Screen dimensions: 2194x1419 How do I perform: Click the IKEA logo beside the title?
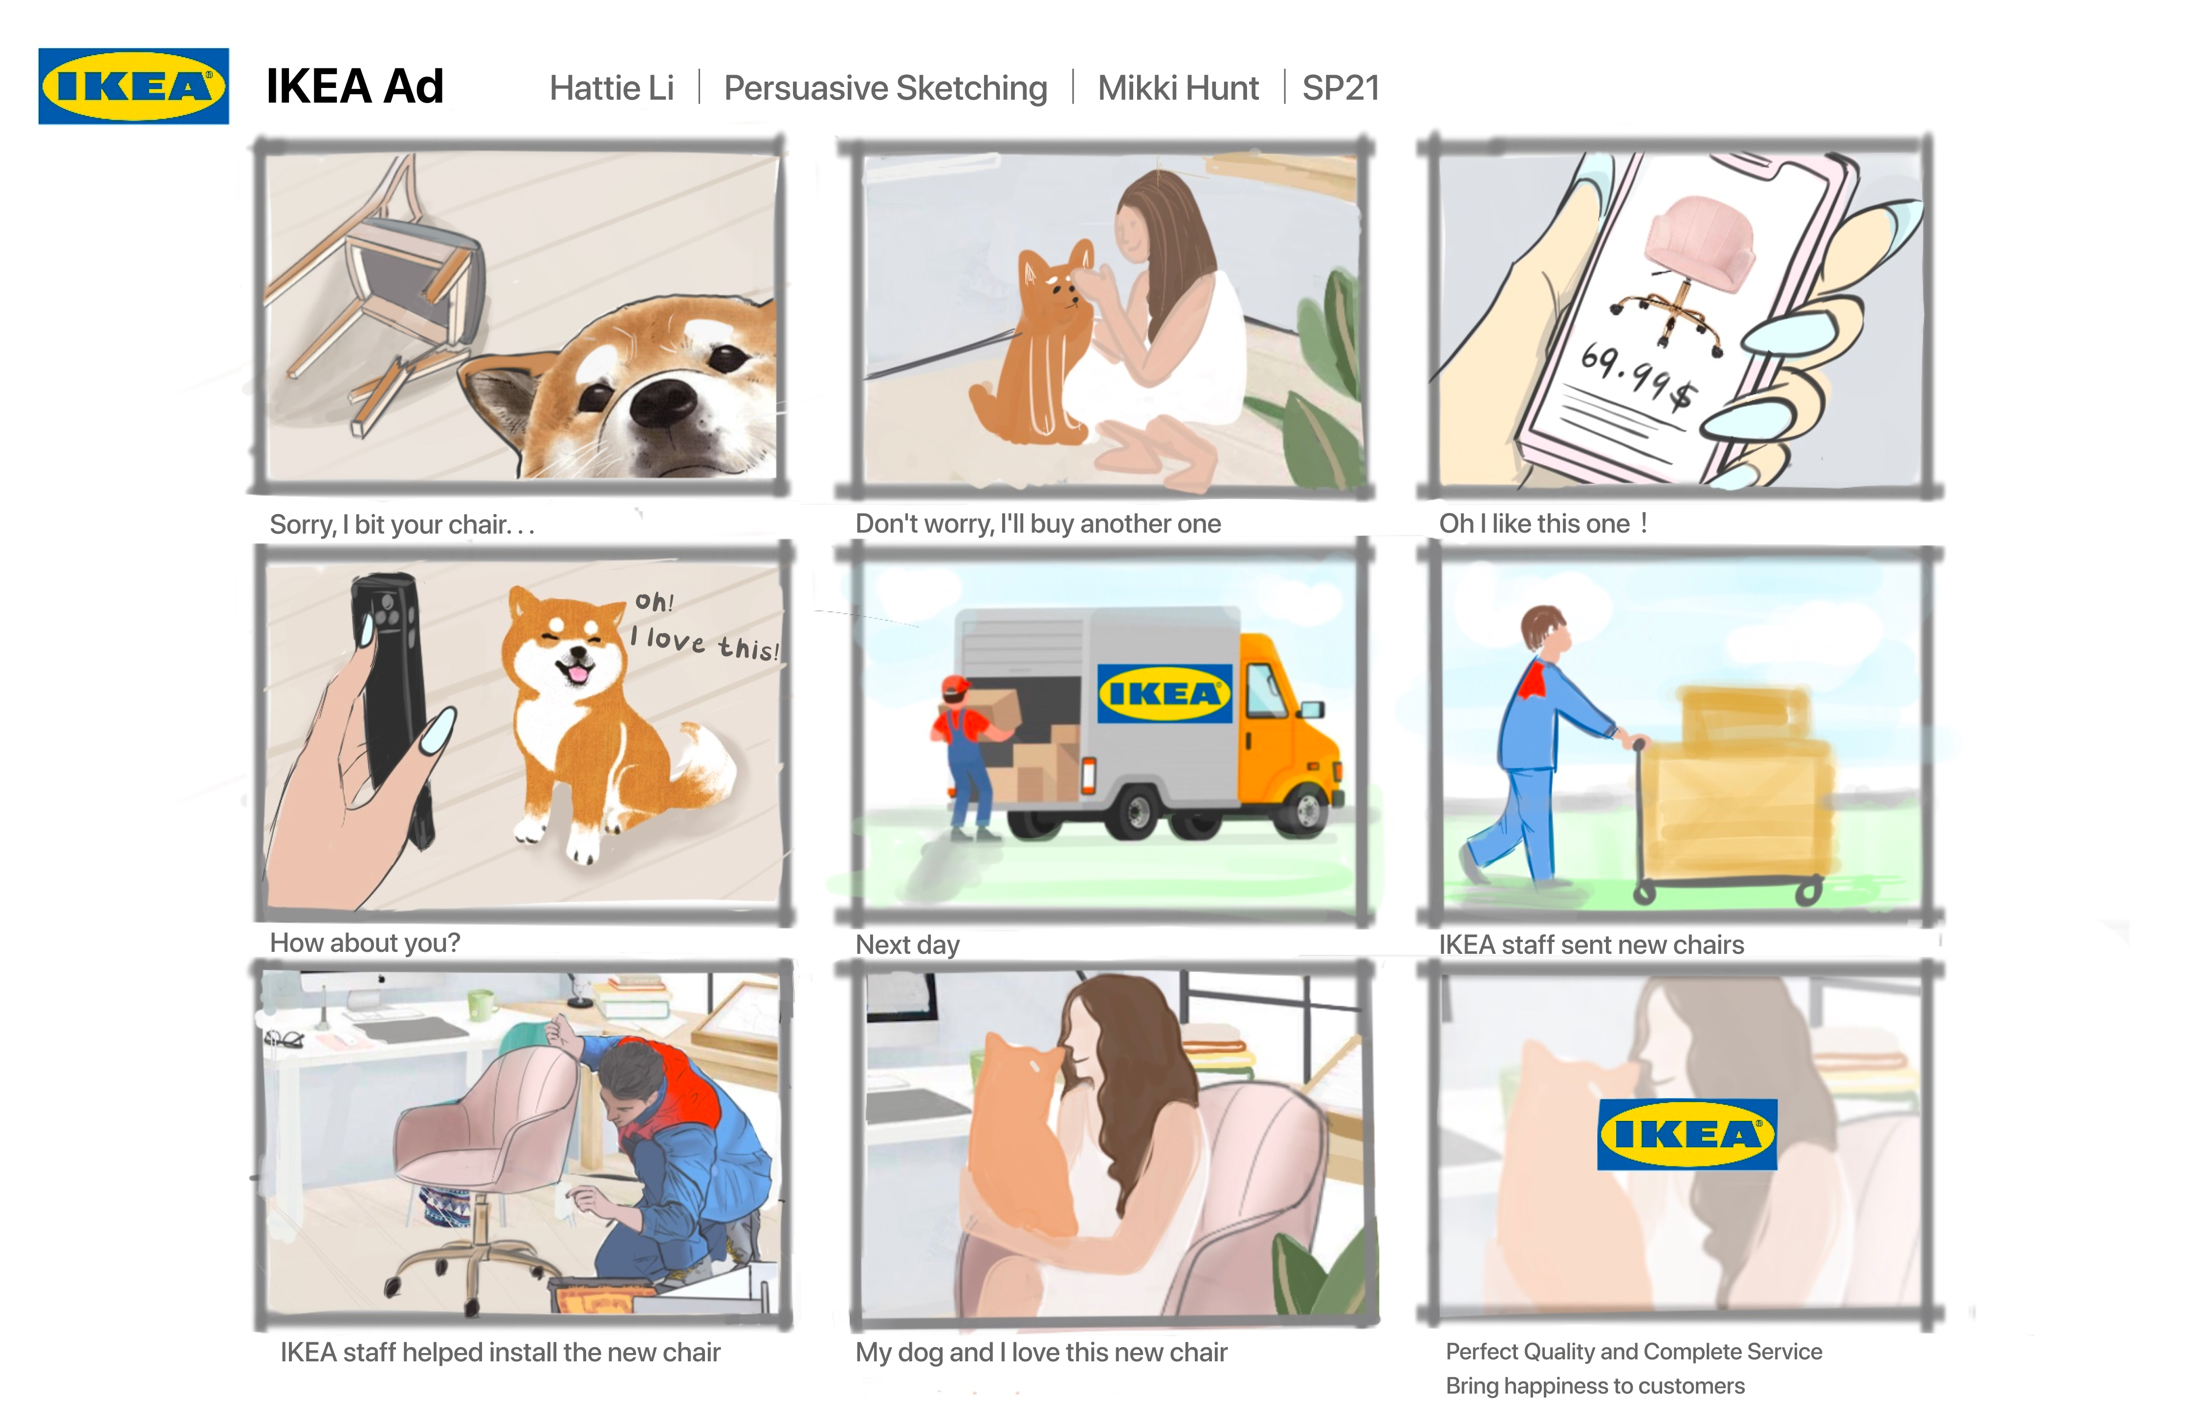click(133, 86)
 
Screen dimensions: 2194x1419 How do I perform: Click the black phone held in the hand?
click(392, 700)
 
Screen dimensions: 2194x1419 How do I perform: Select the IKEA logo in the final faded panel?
click(1687, 1134)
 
